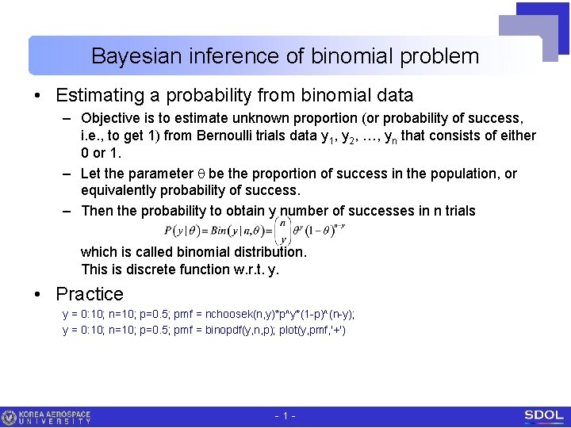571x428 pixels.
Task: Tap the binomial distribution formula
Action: point(254,231)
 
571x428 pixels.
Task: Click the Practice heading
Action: point(90,294)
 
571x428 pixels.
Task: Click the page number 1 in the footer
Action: point(285,416)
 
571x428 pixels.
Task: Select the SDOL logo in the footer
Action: point(543,416)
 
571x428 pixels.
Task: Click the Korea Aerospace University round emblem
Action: point(10,417)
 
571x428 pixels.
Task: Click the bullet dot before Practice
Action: point(38,295)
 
